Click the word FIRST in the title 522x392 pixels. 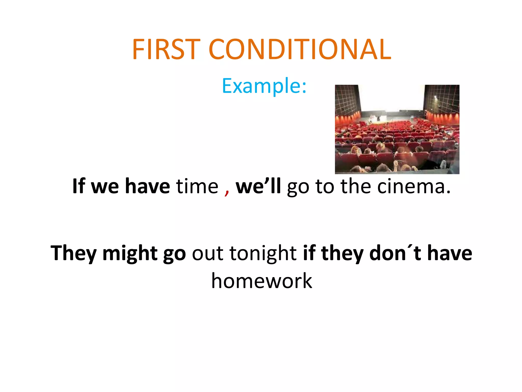166,49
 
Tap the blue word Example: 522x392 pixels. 264,86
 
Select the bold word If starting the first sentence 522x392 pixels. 79,186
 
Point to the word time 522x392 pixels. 197,186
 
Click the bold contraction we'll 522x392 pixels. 258,186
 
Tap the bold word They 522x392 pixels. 73,253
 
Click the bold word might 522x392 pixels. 130,253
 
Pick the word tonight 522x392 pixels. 263,253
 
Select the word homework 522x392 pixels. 262,281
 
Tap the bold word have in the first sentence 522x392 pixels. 148,186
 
